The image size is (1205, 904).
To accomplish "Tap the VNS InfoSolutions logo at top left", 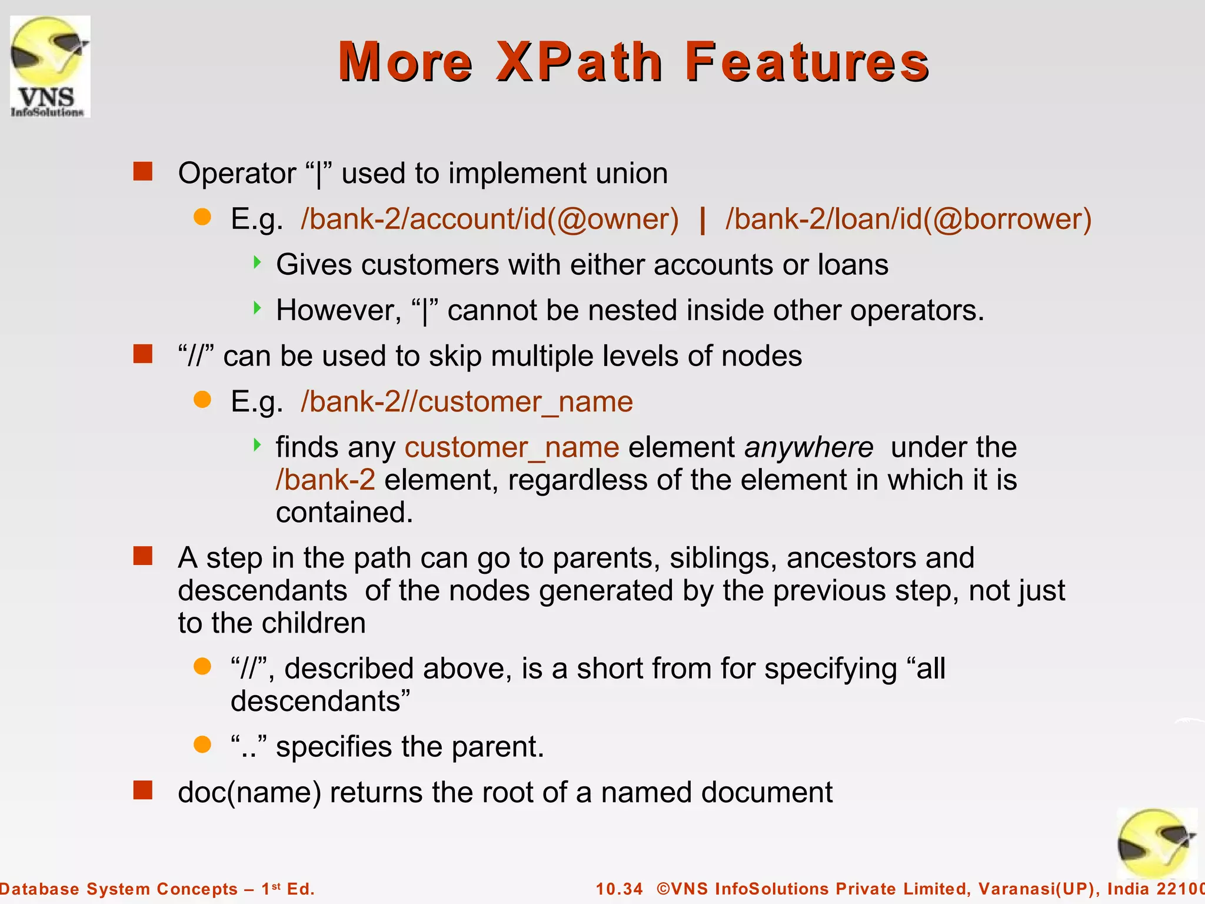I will [x=50, y=67].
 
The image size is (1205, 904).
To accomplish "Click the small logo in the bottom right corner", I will [x=1156, y=845].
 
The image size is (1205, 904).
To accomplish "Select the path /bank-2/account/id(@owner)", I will [x=490, y=219].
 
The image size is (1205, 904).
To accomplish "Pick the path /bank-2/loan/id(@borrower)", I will [x=908, y=219].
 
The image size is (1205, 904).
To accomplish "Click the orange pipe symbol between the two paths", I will [x=702, y=220].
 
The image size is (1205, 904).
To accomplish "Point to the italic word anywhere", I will [x=809, y=447].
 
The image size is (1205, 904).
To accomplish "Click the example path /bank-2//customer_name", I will [x=467, y=402].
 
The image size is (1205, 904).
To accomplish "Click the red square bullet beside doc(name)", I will [x=142, y=790].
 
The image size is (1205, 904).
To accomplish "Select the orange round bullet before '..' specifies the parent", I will [x=202, y=745].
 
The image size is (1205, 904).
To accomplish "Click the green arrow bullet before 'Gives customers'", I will [x=257, y=262].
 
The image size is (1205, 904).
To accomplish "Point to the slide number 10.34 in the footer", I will [x=620, y=889].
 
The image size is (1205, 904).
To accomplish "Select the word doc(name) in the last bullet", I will [x=249, y=792].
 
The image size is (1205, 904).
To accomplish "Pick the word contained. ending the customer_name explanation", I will [x=344, y=512].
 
